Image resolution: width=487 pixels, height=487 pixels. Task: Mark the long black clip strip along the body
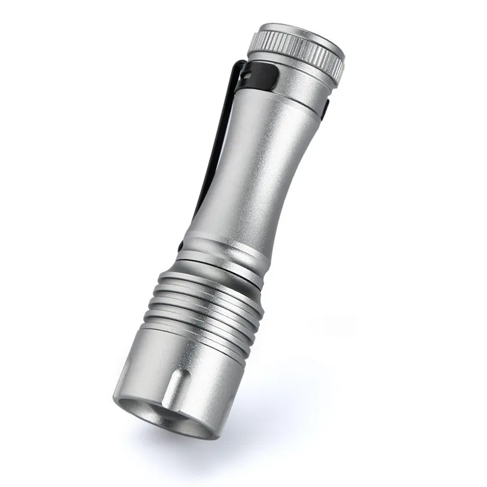click(x=213, y=150)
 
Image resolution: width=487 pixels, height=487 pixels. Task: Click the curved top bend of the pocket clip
click(x=237, y=65)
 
